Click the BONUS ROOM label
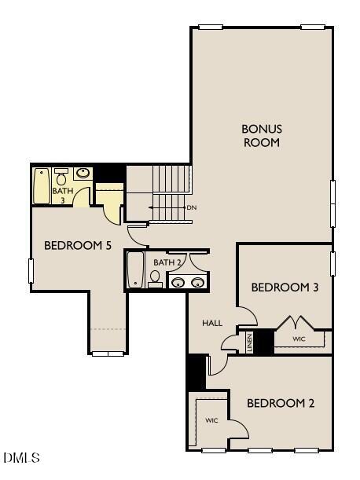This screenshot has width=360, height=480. [261, 135]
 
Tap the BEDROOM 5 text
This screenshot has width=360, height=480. [78, 246]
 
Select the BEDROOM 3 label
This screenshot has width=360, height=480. [285, 288]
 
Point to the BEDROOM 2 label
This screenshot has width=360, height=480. [281, 403]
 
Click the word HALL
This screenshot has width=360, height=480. [212, 323]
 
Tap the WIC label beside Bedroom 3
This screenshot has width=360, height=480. [299, 339]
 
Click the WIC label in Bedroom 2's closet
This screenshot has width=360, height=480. [211, 421]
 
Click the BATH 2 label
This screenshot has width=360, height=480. [167, 262]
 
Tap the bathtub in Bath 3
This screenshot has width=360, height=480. [42, 186]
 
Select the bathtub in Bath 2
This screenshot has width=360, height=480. [135, 269]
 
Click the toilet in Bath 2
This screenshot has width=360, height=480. [155, 279]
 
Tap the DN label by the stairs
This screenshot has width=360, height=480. [191, 207]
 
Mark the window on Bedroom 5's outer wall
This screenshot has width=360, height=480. [31, 271]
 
